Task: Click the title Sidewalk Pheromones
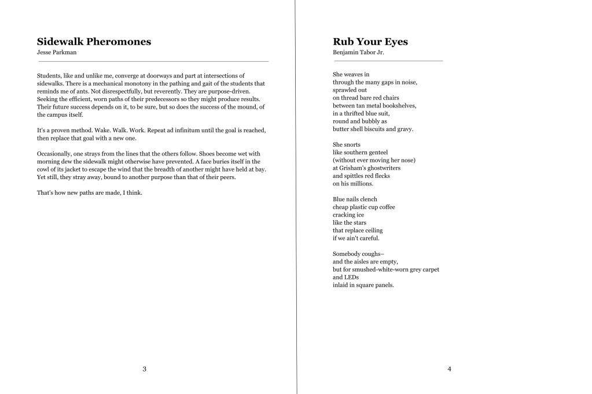click(x=94, y=42)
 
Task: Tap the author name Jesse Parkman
click(x=57, y=53)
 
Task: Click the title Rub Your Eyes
click(x=370, y=42)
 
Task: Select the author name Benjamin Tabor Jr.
click(x=358, y=53)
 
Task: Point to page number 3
click(x=144, y=369)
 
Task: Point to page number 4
click(x=449, y=369)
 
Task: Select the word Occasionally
click(x=55, y=154)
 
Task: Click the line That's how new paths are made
click(x=90, y=193)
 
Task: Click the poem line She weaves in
click(x=351, y=75)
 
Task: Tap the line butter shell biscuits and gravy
click(x=373, y=129)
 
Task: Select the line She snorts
click(x=347, y=144)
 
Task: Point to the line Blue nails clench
click(x=355, y=199)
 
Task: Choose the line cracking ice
click(x=348, y=215)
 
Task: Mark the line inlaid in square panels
click(x=363, y=285)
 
